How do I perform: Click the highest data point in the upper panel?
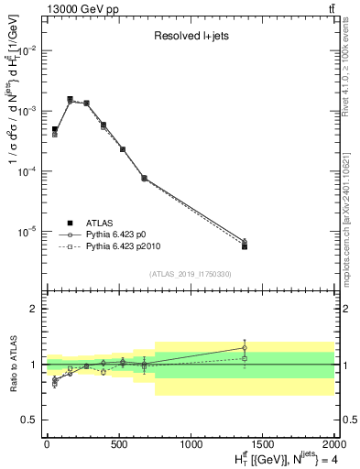pyautogui.click(x=71, y=99)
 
